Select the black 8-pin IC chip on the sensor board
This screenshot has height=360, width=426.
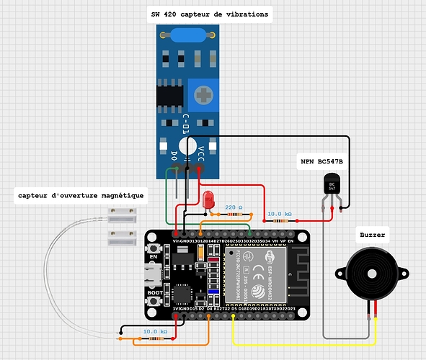pyautogui.click(x=173, y=95)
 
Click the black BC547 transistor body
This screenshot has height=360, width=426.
pyautogui.click(x=332, y=189)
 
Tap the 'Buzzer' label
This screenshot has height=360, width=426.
pyautogui.click(x=372, y=235)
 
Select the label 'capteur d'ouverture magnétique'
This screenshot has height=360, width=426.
pyautogui.click(x=81, y=195)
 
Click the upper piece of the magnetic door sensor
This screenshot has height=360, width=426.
pyautogui.click(x=123, y=214)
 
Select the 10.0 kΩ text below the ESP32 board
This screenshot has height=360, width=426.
pyautogui.click(x=156, y=331)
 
